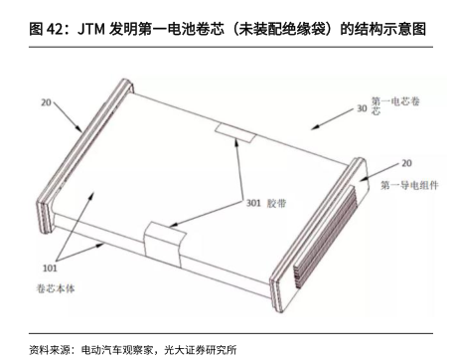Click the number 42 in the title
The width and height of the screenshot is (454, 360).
click(54, 29)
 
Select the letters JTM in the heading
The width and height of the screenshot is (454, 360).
click(91, 29)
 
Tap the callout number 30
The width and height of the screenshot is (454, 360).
click(362, 108)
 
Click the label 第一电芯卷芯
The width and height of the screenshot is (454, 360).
click(395, 105)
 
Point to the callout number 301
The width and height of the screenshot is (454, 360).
click(253, 203)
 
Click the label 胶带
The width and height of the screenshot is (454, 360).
click(276, 203)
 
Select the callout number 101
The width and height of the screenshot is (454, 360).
click(50, 268)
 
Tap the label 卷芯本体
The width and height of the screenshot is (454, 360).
click(56, 288)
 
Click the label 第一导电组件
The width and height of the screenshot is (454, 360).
click(409, 185)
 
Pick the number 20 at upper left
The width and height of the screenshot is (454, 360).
click(46, 102)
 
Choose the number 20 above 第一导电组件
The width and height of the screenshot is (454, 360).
click(406, 163)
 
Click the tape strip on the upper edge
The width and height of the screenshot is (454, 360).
click(235, 132)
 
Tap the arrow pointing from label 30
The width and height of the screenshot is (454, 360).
click(332, 119)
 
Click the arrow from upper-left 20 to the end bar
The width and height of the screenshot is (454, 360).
click(68, 116)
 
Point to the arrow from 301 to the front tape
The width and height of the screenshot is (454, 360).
click(206, 214)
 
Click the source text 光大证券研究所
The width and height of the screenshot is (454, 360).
click(201, 350)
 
